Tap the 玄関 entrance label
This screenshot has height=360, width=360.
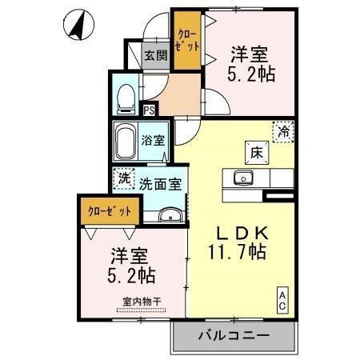[155, 55]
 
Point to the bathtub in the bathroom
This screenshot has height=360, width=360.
[126, 142]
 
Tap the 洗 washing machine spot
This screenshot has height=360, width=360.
[123, 181]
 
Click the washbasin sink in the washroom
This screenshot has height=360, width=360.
[170, 215]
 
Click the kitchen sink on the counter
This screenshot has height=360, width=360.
[242, 178]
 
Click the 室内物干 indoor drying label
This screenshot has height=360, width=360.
[142, 302]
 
